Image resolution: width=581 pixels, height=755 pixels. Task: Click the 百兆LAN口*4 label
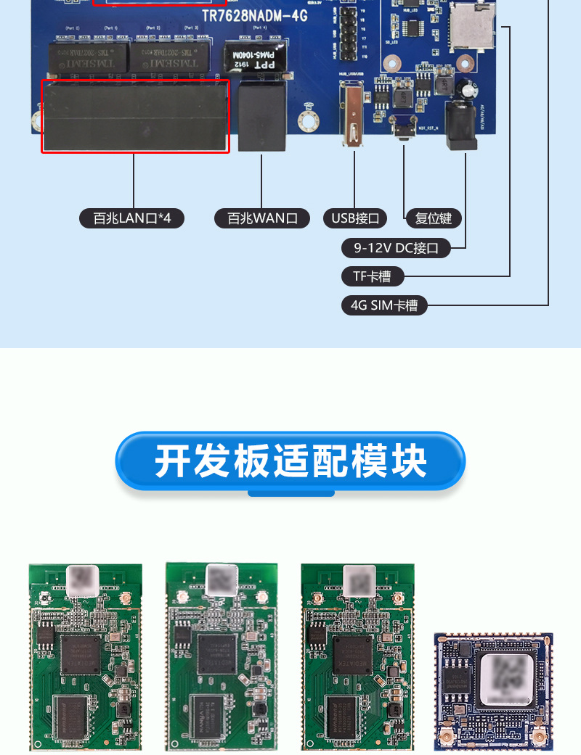pos(131,218)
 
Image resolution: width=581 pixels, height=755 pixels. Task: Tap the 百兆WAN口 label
pos(262,218)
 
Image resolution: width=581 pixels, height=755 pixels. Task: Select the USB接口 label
pos(355,218)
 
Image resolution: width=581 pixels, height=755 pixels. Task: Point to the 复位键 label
pos(434,218)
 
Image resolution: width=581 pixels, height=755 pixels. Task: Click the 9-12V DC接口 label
pos(396,248)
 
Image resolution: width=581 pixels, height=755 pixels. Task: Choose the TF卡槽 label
pos(372,276)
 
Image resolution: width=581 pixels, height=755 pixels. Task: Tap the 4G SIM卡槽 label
pos(384,305)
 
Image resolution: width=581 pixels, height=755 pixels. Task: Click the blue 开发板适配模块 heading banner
pos(290,461)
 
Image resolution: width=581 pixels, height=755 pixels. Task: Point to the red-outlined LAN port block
pos(135,116)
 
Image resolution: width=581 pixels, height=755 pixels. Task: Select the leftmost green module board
pos(85,656)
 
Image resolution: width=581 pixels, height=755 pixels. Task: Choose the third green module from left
pos(357,656)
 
